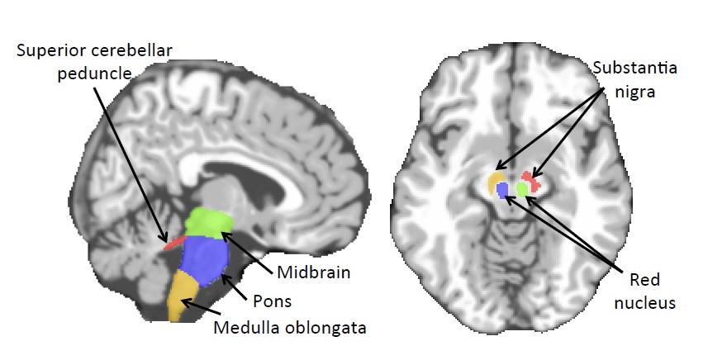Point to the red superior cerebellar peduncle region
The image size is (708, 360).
click(173, 242)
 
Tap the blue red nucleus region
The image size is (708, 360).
click(502, 191)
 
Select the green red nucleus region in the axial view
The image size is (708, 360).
click(522, 189)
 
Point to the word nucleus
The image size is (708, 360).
click(651, 302)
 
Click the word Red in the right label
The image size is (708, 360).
click(651, 281)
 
